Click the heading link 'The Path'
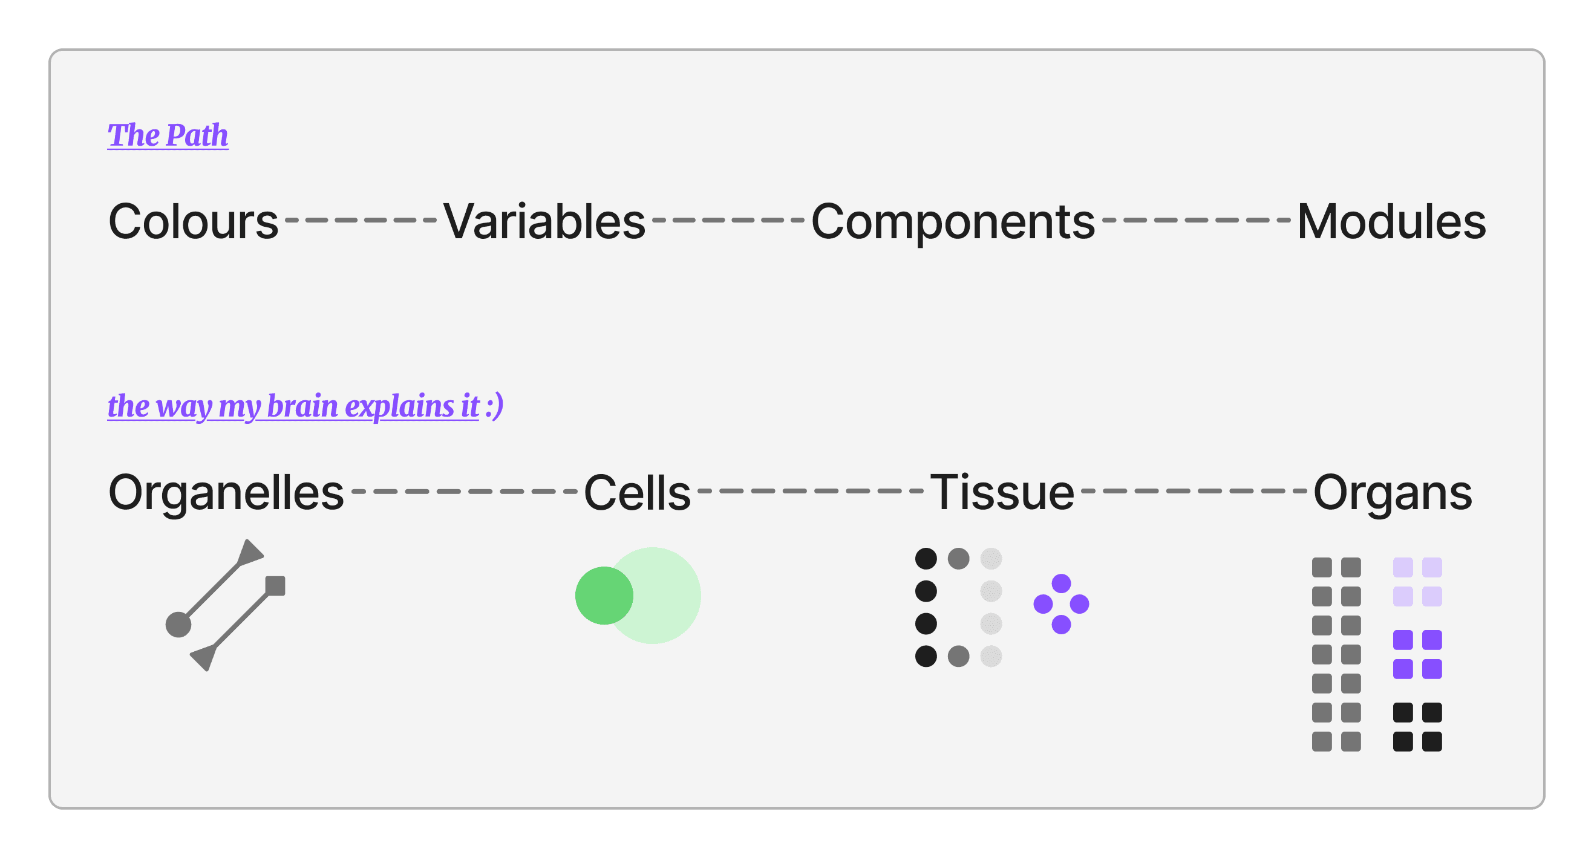pos(168,135)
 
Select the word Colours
pos(193,221)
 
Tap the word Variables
pos(544,221)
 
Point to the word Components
pos(953,221)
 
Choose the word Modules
pos(1391,221)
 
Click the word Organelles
pos(226,492)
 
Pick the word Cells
pos(637,492)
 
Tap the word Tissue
pos(1002,492)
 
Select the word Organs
pos(1393,492)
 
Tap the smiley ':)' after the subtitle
pos(494,406)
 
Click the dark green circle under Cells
pos(604,595)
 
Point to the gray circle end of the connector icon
pos(178,624)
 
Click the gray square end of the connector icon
pos(275,586)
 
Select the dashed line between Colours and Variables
pos(361,220)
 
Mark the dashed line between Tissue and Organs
pos(1194,491)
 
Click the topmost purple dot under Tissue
pos(1061,583)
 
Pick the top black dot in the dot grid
pos(926,559)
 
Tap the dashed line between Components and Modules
pos(1196,220)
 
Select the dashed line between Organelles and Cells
pos(464,491)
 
